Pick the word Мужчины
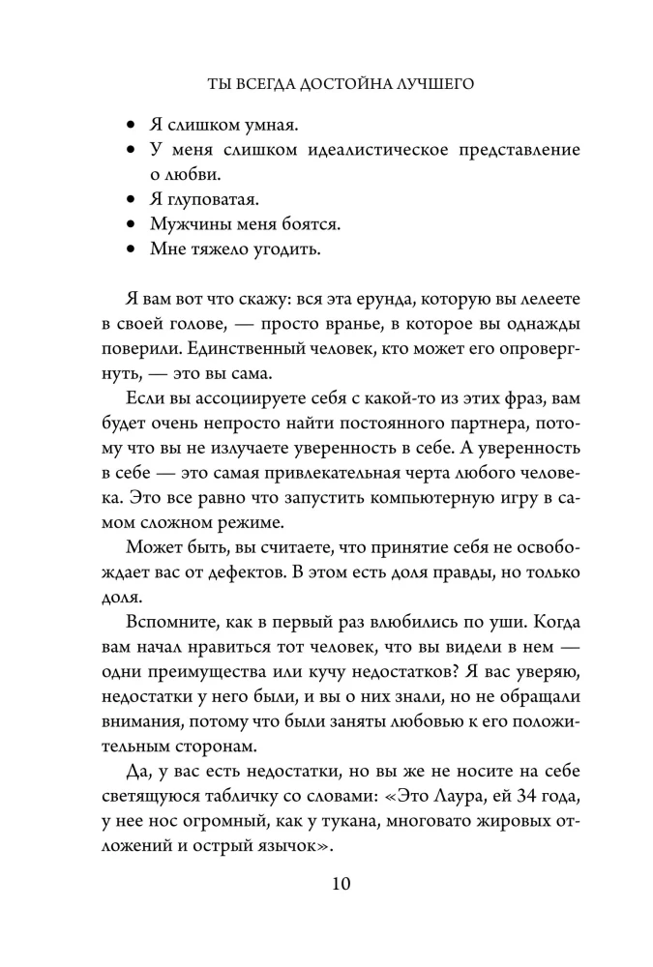[x=187, y=223]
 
